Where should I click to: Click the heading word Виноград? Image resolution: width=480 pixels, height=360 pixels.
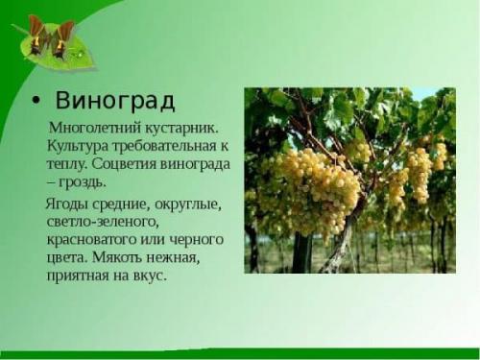pos(114,101)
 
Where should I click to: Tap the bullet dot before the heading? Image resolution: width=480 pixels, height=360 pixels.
pos(36,102)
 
